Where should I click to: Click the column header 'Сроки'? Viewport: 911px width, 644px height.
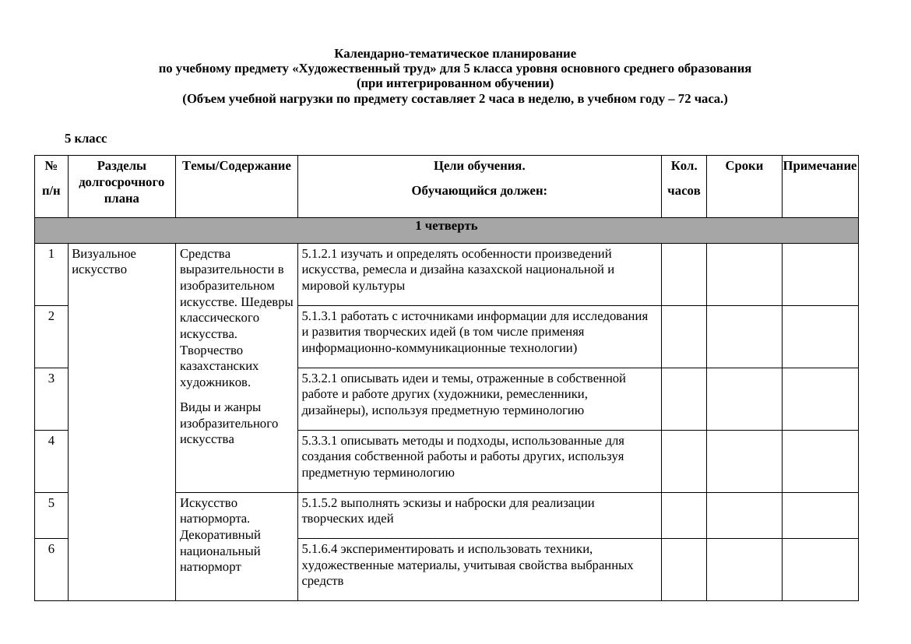pos(744,166)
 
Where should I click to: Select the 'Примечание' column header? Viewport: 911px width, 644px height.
pos(819,166)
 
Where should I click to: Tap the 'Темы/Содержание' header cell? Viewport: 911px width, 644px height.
pos(236,166)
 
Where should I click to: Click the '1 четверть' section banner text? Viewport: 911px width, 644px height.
pos(445,226)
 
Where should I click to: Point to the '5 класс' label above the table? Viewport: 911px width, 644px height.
pos(86,139)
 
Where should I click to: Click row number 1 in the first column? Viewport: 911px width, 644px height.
pos(51,254)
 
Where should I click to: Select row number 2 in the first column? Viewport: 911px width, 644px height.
pos(51,316)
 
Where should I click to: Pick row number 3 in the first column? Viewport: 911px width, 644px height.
pos(51,378)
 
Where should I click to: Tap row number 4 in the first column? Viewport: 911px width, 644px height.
pos(51,441)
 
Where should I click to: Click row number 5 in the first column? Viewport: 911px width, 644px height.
pos(51,503)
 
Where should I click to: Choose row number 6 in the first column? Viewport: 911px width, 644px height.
pos(51,549)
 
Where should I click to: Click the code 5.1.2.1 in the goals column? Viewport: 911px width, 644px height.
pos(320,254)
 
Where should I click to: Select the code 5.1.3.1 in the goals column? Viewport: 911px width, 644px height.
pos(320,316)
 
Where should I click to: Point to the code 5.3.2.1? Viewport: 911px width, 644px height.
pos(320,378)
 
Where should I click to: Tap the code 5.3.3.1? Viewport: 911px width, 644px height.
pos(320,441)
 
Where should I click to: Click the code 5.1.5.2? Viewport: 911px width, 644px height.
pos(320,503)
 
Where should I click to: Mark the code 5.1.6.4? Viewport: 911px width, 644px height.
pos(320,549)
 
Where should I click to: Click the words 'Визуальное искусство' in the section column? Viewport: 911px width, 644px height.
pos(104,262)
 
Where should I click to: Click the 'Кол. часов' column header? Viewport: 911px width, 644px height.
pos(684,178)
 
